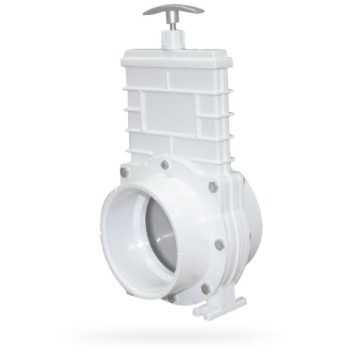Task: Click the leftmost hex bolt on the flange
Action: [124, 172]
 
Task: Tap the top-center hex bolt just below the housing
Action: [165, 164]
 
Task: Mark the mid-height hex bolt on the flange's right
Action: [220, 244]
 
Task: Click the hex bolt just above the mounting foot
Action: [206, 288]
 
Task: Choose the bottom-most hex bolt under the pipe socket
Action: [172, 297]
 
